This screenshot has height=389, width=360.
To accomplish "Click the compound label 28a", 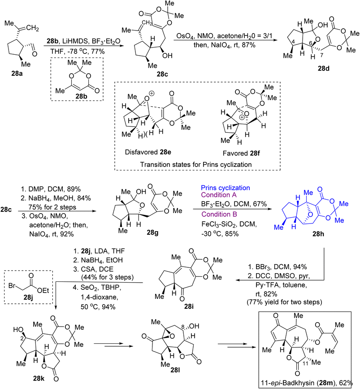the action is pos(17,74).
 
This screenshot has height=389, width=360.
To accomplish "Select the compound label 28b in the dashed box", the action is pos(82,96).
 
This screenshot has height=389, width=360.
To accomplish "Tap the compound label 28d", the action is pos(324,69).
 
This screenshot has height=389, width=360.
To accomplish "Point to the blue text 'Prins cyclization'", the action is pos(226,188).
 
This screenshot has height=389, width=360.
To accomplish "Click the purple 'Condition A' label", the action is pos(219,195).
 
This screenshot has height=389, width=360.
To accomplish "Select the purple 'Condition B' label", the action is pos(219,214).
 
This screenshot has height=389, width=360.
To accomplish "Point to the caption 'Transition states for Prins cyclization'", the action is pos(196,165).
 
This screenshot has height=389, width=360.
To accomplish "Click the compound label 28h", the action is pos(318,234).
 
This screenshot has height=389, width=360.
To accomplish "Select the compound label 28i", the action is pos(189,306).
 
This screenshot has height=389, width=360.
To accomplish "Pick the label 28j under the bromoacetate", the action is pos(28,297).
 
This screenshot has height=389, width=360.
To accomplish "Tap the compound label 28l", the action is pos(175,370).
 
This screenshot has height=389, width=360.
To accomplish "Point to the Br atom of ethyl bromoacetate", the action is pos(12,285).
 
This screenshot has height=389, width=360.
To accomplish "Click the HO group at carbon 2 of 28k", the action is pos(18,329).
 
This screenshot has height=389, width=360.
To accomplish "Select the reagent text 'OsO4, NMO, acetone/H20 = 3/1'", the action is pos(224,36).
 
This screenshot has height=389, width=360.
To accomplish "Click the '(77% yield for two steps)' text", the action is pos(284,302).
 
